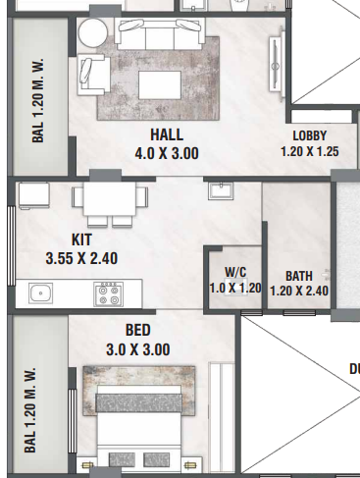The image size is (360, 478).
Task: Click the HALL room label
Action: tap(167, 134)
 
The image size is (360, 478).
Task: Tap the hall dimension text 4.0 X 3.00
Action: tap(167, 153)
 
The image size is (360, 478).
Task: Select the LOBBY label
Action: tap(309, 135)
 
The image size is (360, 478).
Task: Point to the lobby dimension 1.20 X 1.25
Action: tap(309, 152)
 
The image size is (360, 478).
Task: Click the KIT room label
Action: tap(82, 239)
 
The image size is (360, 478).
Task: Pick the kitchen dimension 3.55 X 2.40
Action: tap(82, 258)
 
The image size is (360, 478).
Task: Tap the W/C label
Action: tap(234, 272)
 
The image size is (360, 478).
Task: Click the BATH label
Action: tap(298, 276)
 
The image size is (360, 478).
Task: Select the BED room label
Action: tap(138, 331)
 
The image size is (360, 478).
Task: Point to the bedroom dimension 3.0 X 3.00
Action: tap(138, 349)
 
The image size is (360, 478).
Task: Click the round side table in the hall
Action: tap(95, 32)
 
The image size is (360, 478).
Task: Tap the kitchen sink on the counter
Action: tap(41, 292)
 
